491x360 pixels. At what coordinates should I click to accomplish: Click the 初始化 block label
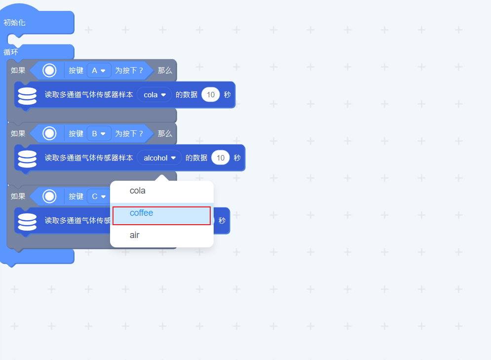pos(14,23)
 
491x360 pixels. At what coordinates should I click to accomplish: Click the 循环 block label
pos(11,52)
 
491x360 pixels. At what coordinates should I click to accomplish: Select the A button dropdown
pos(99,71)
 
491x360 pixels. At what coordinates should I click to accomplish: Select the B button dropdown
pos(99,133)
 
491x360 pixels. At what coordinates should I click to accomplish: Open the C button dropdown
pos(99,197)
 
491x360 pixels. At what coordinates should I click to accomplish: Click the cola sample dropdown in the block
pos(154,95)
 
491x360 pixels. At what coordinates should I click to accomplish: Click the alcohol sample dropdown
pos(159,158)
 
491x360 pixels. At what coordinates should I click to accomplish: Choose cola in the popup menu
pos(138,191)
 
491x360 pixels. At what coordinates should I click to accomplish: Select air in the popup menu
pos(135,235)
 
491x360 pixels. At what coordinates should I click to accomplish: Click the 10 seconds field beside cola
pos(211,95)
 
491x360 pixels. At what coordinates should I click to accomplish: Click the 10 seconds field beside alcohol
pos(221,158)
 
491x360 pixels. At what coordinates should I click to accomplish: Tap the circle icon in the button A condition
pos(49,71)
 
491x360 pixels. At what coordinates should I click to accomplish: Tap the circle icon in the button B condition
pos(49,133)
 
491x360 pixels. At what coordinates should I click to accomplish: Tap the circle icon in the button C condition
pos(49,197)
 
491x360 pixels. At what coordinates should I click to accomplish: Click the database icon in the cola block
pos(27,95)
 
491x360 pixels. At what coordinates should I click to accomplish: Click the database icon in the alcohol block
pos(27,159)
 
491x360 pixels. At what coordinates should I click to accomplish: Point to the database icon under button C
pos(27,221)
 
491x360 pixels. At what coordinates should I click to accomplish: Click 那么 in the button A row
pos(165,71)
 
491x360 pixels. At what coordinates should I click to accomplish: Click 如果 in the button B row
pos(18,133)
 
